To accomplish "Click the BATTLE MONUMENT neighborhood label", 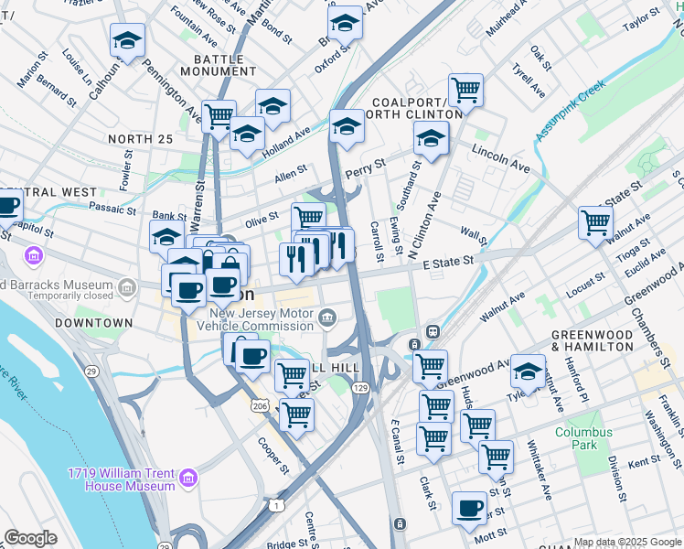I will coord(212,64).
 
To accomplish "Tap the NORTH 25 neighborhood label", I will coord(139,139).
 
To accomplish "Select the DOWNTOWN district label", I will coord(93,324).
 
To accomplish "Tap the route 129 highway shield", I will coord(362,389).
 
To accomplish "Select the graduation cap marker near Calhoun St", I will coord(128,39).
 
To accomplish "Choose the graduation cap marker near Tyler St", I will coord(528,371).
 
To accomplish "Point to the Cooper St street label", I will coord(273,455).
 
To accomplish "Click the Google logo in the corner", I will coord(30,538).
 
